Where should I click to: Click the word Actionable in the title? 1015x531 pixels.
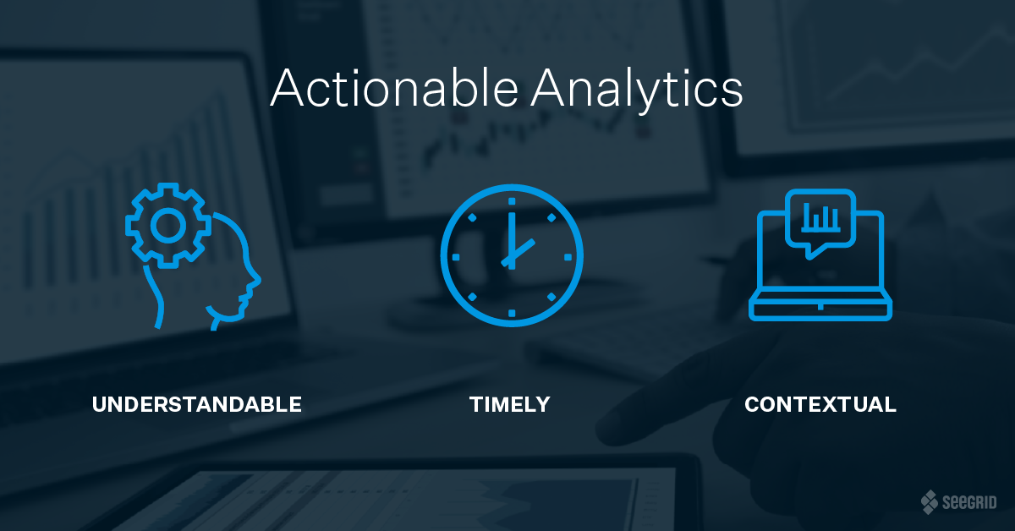pyautogui.click(x=394, y=87)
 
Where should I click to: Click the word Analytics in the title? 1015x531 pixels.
pyautogui.click(x=637, y=90)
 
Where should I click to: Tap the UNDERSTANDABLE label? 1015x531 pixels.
pyautogui.click(x=196, y=405)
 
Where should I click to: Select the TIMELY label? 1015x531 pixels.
pyautogui.click(x=510, y=405)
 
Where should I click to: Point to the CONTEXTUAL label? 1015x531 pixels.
pyautogui.click(x=820, y=405)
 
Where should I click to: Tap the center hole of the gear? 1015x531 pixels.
pyautogui.click(x=168, y=226)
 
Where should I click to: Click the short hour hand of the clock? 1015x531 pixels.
pyautogui.click(x=518, y=253)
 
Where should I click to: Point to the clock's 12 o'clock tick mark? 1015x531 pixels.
pyautogui.click(x=512, y=201)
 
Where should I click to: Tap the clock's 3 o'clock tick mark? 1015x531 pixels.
pyautogui.click(x=568, y=257)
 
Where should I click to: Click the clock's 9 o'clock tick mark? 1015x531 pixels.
pyautogui.click(x=456, y=257)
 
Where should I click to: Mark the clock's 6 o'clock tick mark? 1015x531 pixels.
pyautogui.click(x=512, y=313)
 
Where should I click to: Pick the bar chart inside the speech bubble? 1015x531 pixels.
pyautogui.click(x=820, y=218)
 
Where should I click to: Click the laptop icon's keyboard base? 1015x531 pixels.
pyautogui.click(x=820, y=306)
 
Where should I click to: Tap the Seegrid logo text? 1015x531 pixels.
pyautogui.click(x=969, y=502)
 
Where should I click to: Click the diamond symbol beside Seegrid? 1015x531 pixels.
pyautogui.click(x=930, y=502)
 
